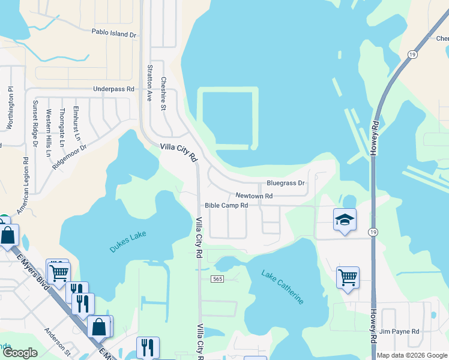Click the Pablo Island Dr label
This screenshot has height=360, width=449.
tap(114, 34)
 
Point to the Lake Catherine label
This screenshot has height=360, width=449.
tap(282, 287)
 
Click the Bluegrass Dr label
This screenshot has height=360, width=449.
tap(286, 183)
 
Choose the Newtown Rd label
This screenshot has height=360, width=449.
tap(254, 196)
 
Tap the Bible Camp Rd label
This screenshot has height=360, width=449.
tap(226, 206)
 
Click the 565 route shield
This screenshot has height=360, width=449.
tap(217, 279)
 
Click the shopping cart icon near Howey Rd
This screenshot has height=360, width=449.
tap(348, 277)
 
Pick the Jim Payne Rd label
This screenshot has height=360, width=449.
tap(399, 331)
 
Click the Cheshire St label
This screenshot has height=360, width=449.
tap(163, 94)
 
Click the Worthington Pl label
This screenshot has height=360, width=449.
tap(10, 108)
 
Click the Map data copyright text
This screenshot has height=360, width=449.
tap(412, 355)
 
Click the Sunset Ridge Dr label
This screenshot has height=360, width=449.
tap(35, 128)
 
